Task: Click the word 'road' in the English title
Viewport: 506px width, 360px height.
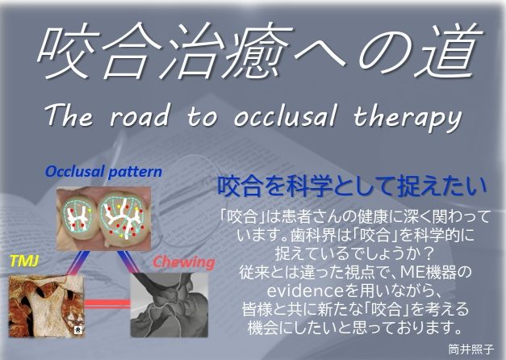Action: click(x=140, y=116)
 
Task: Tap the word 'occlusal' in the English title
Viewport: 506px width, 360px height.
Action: click(x=285, y=115)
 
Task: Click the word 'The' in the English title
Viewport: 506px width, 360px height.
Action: click(x=69, y=115)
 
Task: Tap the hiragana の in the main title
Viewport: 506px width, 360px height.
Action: click(x=388, y=52)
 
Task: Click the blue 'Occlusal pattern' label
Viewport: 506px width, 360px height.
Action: click(x=103, y=171)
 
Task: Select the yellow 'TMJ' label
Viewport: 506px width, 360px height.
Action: click(x=24, y=260)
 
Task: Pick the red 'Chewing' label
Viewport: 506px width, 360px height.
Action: click(x=184, y=262)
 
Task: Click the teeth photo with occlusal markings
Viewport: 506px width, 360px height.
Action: click(x=103, y=219)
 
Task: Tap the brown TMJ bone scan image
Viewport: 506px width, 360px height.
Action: click(x=47, y=306)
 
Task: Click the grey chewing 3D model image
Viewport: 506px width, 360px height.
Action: click(x=169, y=305)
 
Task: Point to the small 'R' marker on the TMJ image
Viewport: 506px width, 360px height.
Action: click(x=78, y=329)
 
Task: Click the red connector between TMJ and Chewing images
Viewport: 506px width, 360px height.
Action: click(x=107, y=303)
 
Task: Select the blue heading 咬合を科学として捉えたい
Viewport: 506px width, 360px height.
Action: click(x=352, y=186)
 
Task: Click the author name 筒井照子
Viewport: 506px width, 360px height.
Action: click(x=470, y=349)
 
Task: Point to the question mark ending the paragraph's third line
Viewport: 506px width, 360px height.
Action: click(x=429, y=254)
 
